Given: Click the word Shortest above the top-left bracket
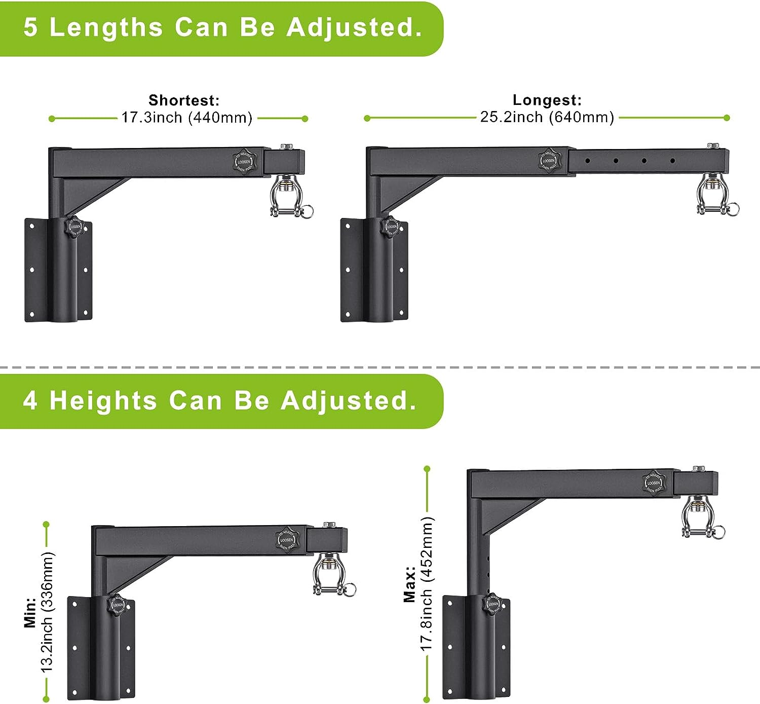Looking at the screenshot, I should pos(184,100).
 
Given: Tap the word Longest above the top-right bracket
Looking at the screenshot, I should pos(547,100).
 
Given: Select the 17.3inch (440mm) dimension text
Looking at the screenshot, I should pos(186,118).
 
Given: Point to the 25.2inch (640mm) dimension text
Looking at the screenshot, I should pos(547,117).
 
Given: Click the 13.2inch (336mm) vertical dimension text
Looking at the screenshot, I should pos(47,612).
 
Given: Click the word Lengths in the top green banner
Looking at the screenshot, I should pos(106,27).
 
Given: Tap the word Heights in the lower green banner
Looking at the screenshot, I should pos(103,400).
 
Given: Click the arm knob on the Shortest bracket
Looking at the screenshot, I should pos(244,161).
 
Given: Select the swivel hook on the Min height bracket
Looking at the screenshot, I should pos(331,575).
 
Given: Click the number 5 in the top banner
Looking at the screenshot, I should pos(30,27).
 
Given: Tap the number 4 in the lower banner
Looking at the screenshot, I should pos(30,400).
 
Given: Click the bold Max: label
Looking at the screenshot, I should pos(409,584).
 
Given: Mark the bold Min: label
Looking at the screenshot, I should pos(30,612).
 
